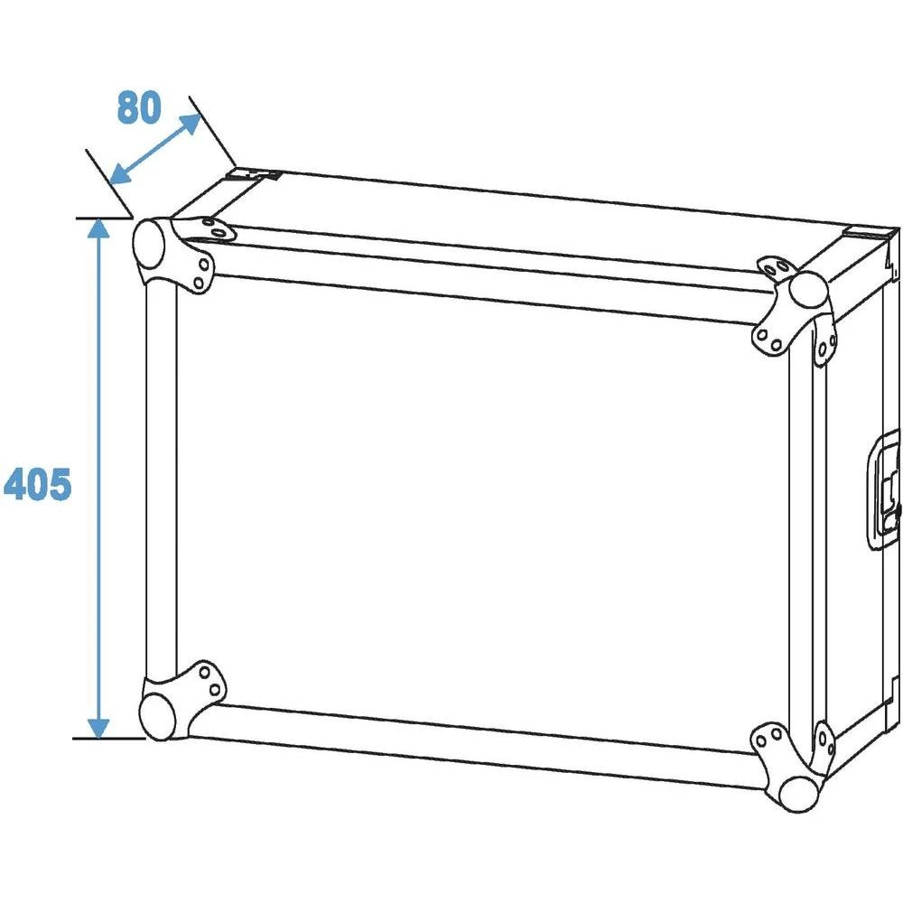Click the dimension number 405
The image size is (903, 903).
(37, 485)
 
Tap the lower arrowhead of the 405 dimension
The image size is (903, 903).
(98, 727)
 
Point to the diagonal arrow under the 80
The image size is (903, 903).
(155, 149)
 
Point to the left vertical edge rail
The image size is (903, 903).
(161, 479)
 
